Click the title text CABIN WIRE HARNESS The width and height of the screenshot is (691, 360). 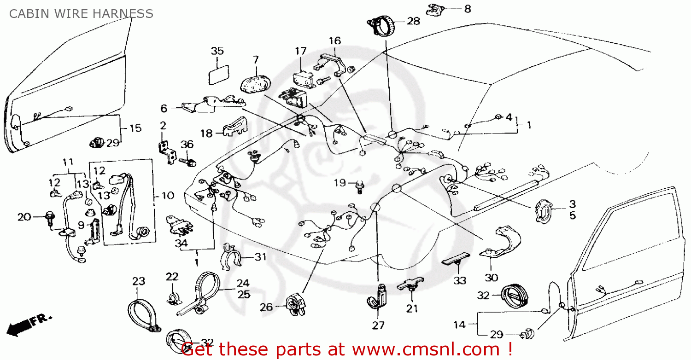81,14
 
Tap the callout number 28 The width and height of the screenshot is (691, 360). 413,21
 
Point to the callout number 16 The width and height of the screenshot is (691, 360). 334,41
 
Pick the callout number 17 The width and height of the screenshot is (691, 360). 300,51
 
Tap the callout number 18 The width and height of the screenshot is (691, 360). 207,134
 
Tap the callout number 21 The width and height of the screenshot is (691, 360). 412,309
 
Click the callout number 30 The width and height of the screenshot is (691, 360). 491,278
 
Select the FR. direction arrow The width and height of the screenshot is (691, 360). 28,324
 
